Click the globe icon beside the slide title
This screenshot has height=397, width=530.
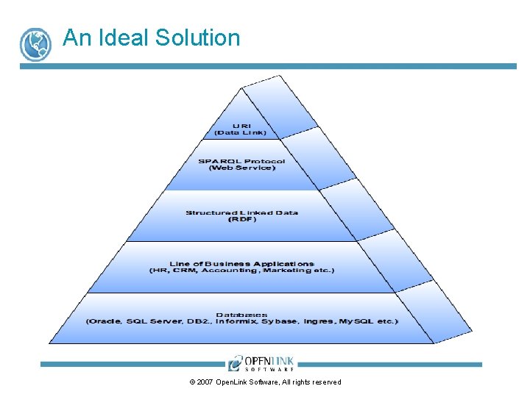click(x=35, y=44)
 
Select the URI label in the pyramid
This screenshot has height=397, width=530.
click(x=241, y=125)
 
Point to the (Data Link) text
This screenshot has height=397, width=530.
click(x=241, y=132)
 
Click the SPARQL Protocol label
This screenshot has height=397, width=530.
click(x=241, y=161)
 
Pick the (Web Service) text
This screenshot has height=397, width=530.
click(x=241, y=168)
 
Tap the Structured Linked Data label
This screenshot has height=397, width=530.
click(x=241, y=212)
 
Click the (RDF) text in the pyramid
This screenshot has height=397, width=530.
click(x=241, y=220)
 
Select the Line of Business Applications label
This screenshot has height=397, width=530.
click(x=241, y=263)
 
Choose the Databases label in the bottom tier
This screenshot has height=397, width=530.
click(x=241, y=314)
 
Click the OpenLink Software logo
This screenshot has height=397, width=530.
click(x=261, y=363)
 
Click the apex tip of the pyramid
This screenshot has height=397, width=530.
click(x=242, y=87)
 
